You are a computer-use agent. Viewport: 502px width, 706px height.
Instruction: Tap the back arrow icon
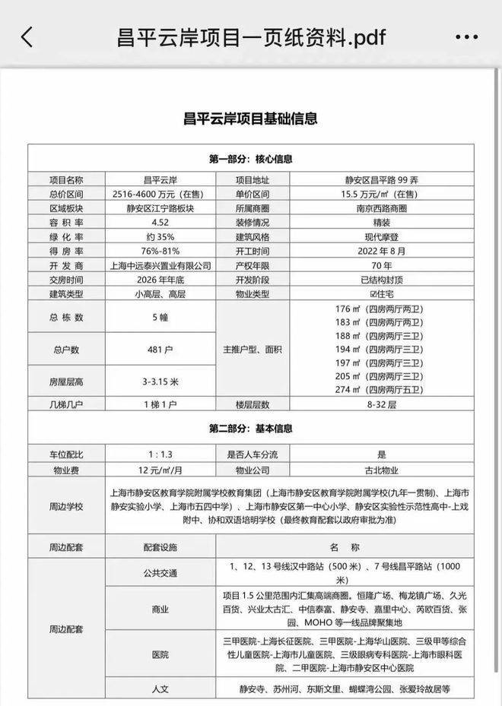click(27, 36)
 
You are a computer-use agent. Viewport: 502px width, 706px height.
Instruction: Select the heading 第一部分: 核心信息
click(250, 160)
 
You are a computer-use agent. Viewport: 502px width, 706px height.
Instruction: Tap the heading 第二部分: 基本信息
click(250, 429)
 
